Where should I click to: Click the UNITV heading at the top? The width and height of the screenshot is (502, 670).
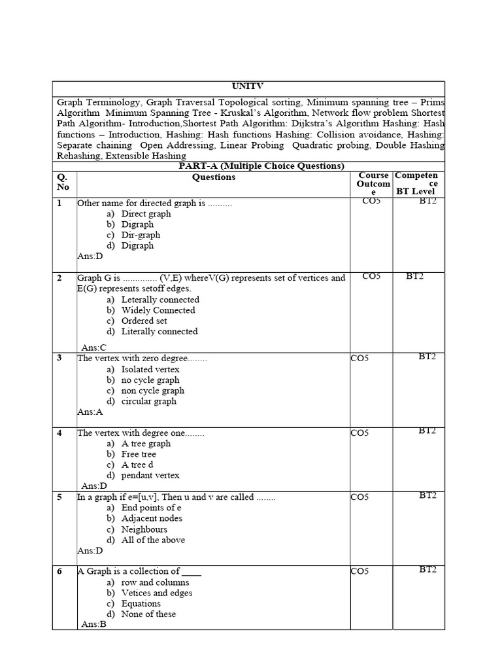[248, 86]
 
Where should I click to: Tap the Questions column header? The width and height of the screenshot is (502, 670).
[214, 177]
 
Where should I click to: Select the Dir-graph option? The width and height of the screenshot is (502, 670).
[141, 235]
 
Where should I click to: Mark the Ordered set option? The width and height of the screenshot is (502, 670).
[144, 321]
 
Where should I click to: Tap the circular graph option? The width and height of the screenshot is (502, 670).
[148, 401]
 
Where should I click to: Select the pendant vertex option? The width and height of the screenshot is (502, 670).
[150, 476]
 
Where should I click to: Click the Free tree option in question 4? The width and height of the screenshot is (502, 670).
[139, 454]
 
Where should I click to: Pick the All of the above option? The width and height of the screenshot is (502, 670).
[153, 540]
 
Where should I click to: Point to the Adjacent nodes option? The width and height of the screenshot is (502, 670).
[152, 518]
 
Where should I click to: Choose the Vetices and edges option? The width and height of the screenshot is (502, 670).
[157, 593]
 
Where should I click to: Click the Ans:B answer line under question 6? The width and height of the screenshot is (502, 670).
[94, 625]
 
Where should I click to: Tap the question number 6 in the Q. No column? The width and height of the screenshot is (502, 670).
[59, 572]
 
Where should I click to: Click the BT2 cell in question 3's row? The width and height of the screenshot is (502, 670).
[427, 357]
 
